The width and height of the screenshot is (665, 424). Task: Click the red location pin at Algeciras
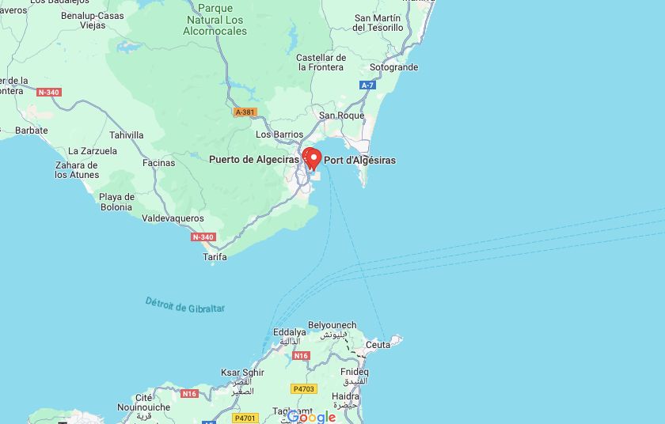pyautogui.click(x=312, y=158)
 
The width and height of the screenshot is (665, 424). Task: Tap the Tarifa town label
pyautogui.click(x=215, y=257)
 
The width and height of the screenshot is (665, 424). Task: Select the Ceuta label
pyautogui.click(x=378, y=345)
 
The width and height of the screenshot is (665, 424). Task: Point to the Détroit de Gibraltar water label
pyautogui.click(x=185, y=305)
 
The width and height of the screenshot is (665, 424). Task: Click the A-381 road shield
pyautogui.click(x=245, y=112)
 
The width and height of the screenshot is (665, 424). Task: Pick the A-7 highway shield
pyautogui.click(x=367, y=85)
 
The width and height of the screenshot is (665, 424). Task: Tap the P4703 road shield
pyautogui.click(x=303, y=388)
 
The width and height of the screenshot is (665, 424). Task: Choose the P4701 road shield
pyautogui.click(x=245, y=418)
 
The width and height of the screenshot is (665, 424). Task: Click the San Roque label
pyautogui.click(x=341, y=115)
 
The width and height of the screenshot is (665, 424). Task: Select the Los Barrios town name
pyautogui.click(x=279, y=134)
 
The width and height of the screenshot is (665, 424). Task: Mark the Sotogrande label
pyautogui.click(x=393, y=68)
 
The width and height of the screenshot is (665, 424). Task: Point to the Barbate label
pyautogui.click(x=32, y=131)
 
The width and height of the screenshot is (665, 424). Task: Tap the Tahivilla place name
pyautogui.click(x=127, y=135)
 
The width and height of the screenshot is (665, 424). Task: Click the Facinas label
pyautogui.click(x=158, y=163)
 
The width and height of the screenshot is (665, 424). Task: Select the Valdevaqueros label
pyautogui.click(x=173, y=218)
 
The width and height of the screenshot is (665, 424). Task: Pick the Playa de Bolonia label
pyautogui.click(x=116, y=202)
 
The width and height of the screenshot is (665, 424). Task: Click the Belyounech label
pyautogui.click(x=332, y=325)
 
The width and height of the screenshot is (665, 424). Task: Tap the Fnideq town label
pyautogui.click(x=354, y=372)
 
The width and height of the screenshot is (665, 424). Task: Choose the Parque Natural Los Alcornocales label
pyautogui.click(x=215, y=20)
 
